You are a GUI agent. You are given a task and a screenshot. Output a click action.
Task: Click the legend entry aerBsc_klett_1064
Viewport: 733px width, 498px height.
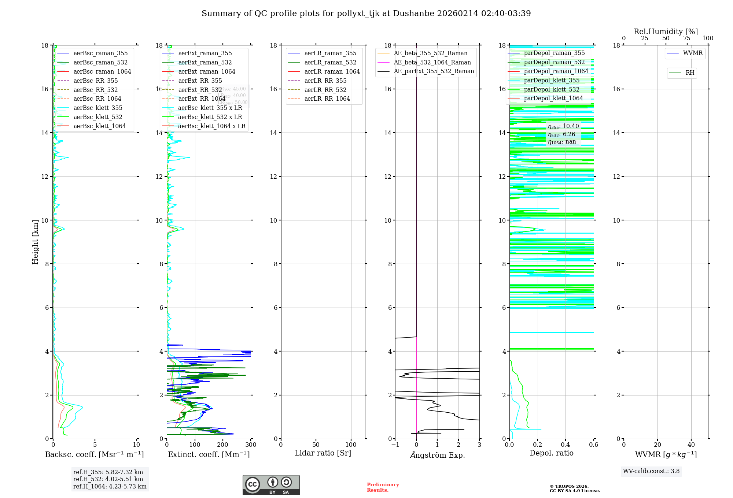click(x=99, y=126)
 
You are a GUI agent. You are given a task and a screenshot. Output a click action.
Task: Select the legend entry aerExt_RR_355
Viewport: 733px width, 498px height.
click(x=200, y=81)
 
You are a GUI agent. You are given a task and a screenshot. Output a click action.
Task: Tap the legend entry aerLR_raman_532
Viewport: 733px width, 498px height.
click(x=330, y=62)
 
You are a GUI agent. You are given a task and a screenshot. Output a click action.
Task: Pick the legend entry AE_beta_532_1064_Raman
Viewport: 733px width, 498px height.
click(x=432, y=62)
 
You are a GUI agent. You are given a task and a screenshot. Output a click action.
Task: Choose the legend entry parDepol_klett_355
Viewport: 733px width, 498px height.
click(x=551, y=80)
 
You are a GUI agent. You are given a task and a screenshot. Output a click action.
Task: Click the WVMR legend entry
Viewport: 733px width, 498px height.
click(x=692, y=53)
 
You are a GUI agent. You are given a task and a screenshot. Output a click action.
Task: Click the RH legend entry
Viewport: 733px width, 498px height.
click(x=689, y=73)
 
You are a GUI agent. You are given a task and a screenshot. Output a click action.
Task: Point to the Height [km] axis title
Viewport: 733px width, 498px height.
click(x=35, y=242)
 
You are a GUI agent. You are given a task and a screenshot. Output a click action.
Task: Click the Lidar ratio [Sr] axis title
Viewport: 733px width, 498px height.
click(x=323, y=453)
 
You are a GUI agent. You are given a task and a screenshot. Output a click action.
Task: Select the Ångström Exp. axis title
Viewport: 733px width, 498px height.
click(x=437, y=455)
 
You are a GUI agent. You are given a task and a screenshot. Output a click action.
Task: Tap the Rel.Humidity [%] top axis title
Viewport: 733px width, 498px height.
click(x=666, y=31)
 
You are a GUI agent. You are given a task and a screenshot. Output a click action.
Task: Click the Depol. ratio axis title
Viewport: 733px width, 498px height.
click(x=551, y=453)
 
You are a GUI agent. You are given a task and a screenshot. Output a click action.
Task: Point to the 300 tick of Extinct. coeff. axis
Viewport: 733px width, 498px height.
click(x=251, y=445)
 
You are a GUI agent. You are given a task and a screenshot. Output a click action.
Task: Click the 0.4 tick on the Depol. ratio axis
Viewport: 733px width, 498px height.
click(x=566, y=445)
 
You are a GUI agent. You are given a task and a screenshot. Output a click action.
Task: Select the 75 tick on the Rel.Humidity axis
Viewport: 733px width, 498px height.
click(x=687, y=38)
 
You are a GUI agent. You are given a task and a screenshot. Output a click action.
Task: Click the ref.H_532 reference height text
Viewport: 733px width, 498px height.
click(x=108, y=479)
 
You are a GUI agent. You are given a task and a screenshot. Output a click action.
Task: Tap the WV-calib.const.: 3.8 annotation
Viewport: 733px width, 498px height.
click(x=651, y=471)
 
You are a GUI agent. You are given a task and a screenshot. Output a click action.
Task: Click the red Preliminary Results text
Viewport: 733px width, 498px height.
click(x=383, y=487)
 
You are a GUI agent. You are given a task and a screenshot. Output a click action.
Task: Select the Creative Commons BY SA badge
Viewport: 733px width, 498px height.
click(x=271, y=485)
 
